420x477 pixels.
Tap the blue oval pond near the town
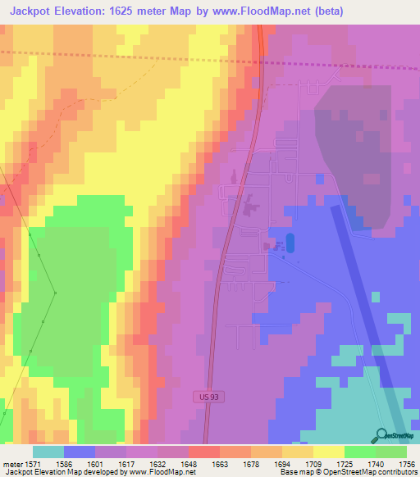click(290, 243)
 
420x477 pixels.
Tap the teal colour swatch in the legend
click(48, 452)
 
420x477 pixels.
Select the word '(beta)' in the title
click(326, 11)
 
